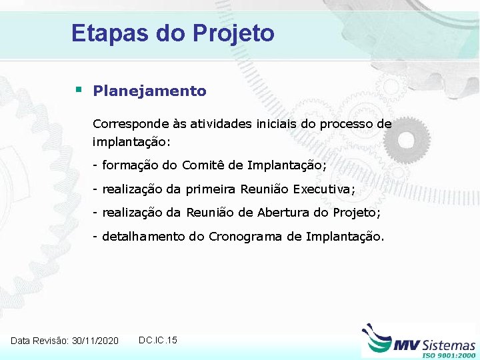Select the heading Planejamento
click(150, 91)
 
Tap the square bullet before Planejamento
click(79, 89)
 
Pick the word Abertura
click(285, 213)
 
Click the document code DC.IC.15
click(158, 340)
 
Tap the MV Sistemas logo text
click(435, 344)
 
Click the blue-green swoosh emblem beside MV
click(377, 339)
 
